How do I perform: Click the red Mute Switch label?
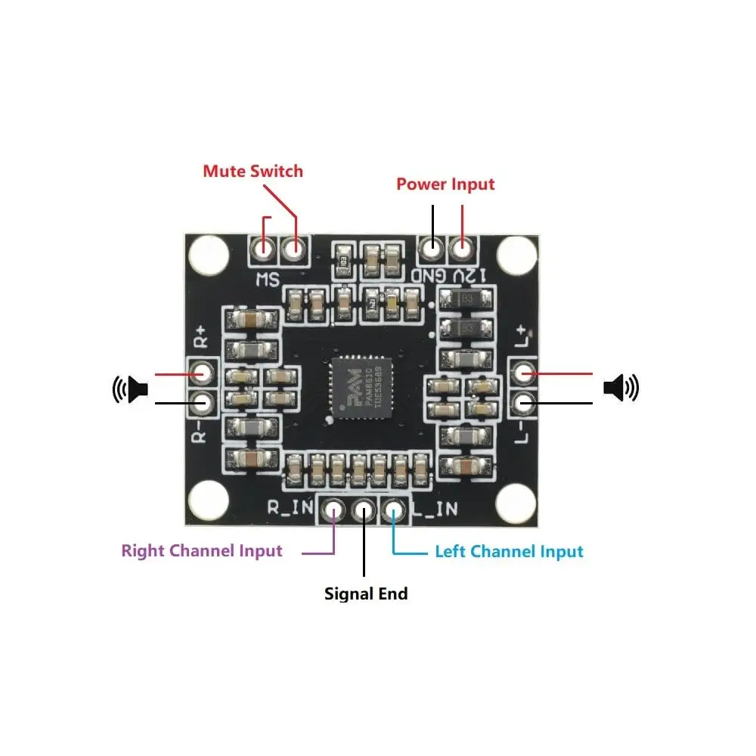coord(253,171)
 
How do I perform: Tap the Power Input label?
coord(445,184)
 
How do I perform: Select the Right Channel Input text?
coord(202,550)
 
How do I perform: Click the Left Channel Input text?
coord(509,551)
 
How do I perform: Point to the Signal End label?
coord(366,593)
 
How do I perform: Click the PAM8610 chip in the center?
coord(362,389)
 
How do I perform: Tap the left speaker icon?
coord(129,389)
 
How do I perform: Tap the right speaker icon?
coord(621,388)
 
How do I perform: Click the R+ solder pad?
coord(202,373)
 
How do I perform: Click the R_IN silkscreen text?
coord(290,508)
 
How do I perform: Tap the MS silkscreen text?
coord(267,279)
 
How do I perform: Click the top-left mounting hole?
coord(208,255)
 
